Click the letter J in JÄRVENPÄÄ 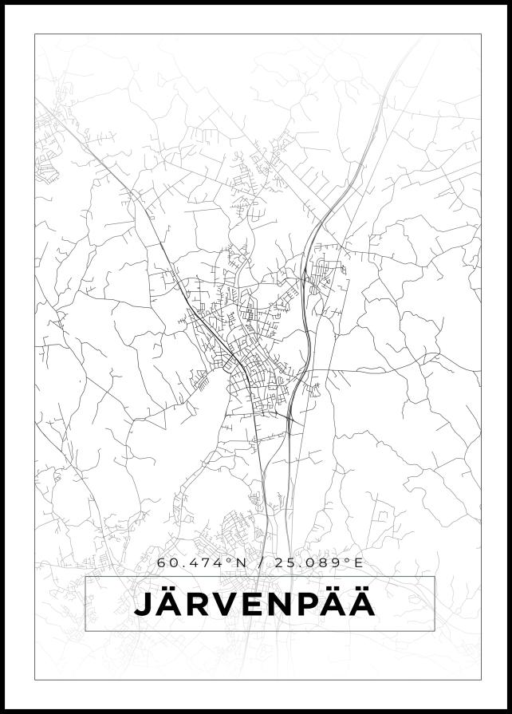click(x=143, y=604)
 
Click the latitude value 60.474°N click(x=199, y=563)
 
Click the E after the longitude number click(x=359, y=563)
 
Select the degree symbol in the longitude click(x=349, y=560)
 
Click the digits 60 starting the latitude click(x=167, y=563)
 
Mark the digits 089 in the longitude click(x=328, y=563)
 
